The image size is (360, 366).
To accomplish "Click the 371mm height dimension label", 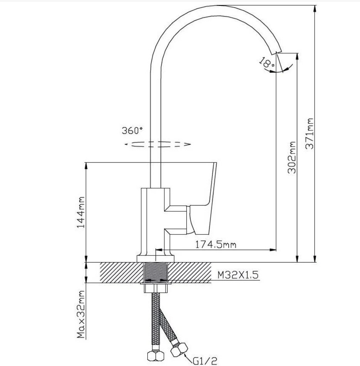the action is click(x=310, y=134).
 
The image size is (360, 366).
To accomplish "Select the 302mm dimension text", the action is click(x=291, y=157).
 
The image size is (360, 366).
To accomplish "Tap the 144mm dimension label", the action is click(x=81, y=212).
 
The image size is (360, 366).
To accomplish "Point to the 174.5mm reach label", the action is click(x=216, y=244).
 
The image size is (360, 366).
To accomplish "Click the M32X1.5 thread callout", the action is click(x=238, y=275).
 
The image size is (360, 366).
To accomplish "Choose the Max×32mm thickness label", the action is click(x=81, y=314).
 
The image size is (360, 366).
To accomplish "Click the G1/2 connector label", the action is click(x=205, y=361).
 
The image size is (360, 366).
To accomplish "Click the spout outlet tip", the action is click(x=276, y=53).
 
